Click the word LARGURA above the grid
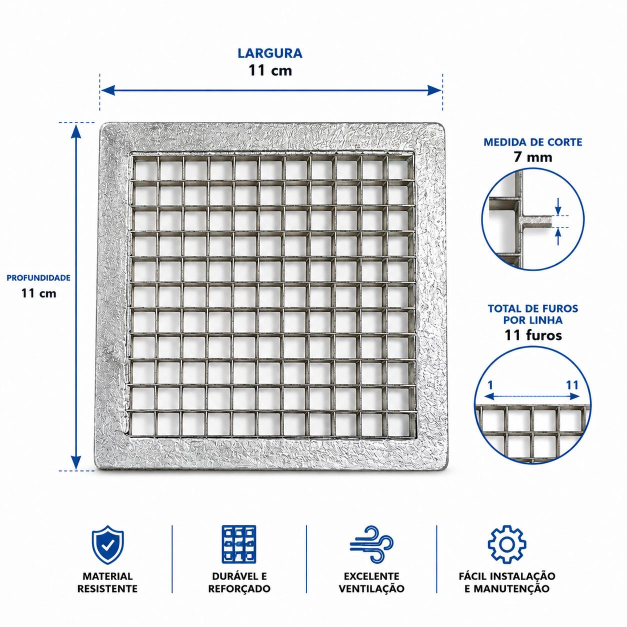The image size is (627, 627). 270,53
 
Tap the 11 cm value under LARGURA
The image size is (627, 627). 270,70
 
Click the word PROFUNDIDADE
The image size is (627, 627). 38,278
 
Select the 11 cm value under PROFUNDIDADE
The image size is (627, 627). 38,293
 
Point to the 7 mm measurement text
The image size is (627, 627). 533,157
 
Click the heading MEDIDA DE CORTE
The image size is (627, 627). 533,142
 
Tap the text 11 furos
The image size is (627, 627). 533,335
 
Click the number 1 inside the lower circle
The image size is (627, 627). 490,385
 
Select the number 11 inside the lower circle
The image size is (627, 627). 572,385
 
